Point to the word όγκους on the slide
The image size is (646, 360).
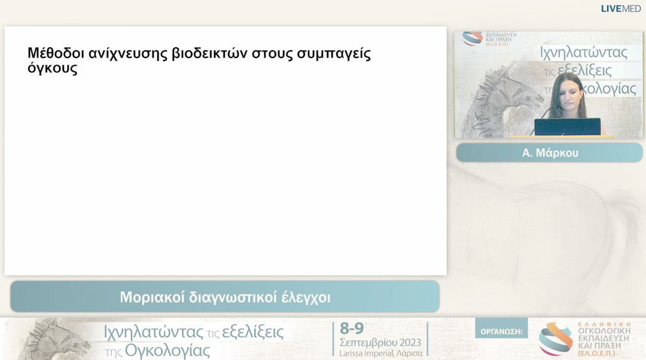pyautogui.click(x=53, y=69)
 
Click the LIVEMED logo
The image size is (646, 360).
pyautogui.click(x=620, y=8)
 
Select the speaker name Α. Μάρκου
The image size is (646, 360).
pyautogui.click(x=550, y=153)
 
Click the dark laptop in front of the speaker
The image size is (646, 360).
pyautogui.click(x=566, y=127)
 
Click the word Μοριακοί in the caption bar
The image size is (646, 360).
pyautogui.click(x=152, y=297)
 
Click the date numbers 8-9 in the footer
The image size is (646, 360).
pyautogui.click(x=352, y=328)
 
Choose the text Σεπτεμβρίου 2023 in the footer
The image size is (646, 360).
pyautogui.click(x=380, y=343)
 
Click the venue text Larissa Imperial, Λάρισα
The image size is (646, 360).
pyautogui.click(x=380, y=353)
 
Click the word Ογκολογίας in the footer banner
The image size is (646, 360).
pyautogui.click(x=167, y=350)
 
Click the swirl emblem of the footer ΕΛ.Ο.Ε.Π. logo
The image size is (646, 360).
pyautogui.click(x=555, y=339)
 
